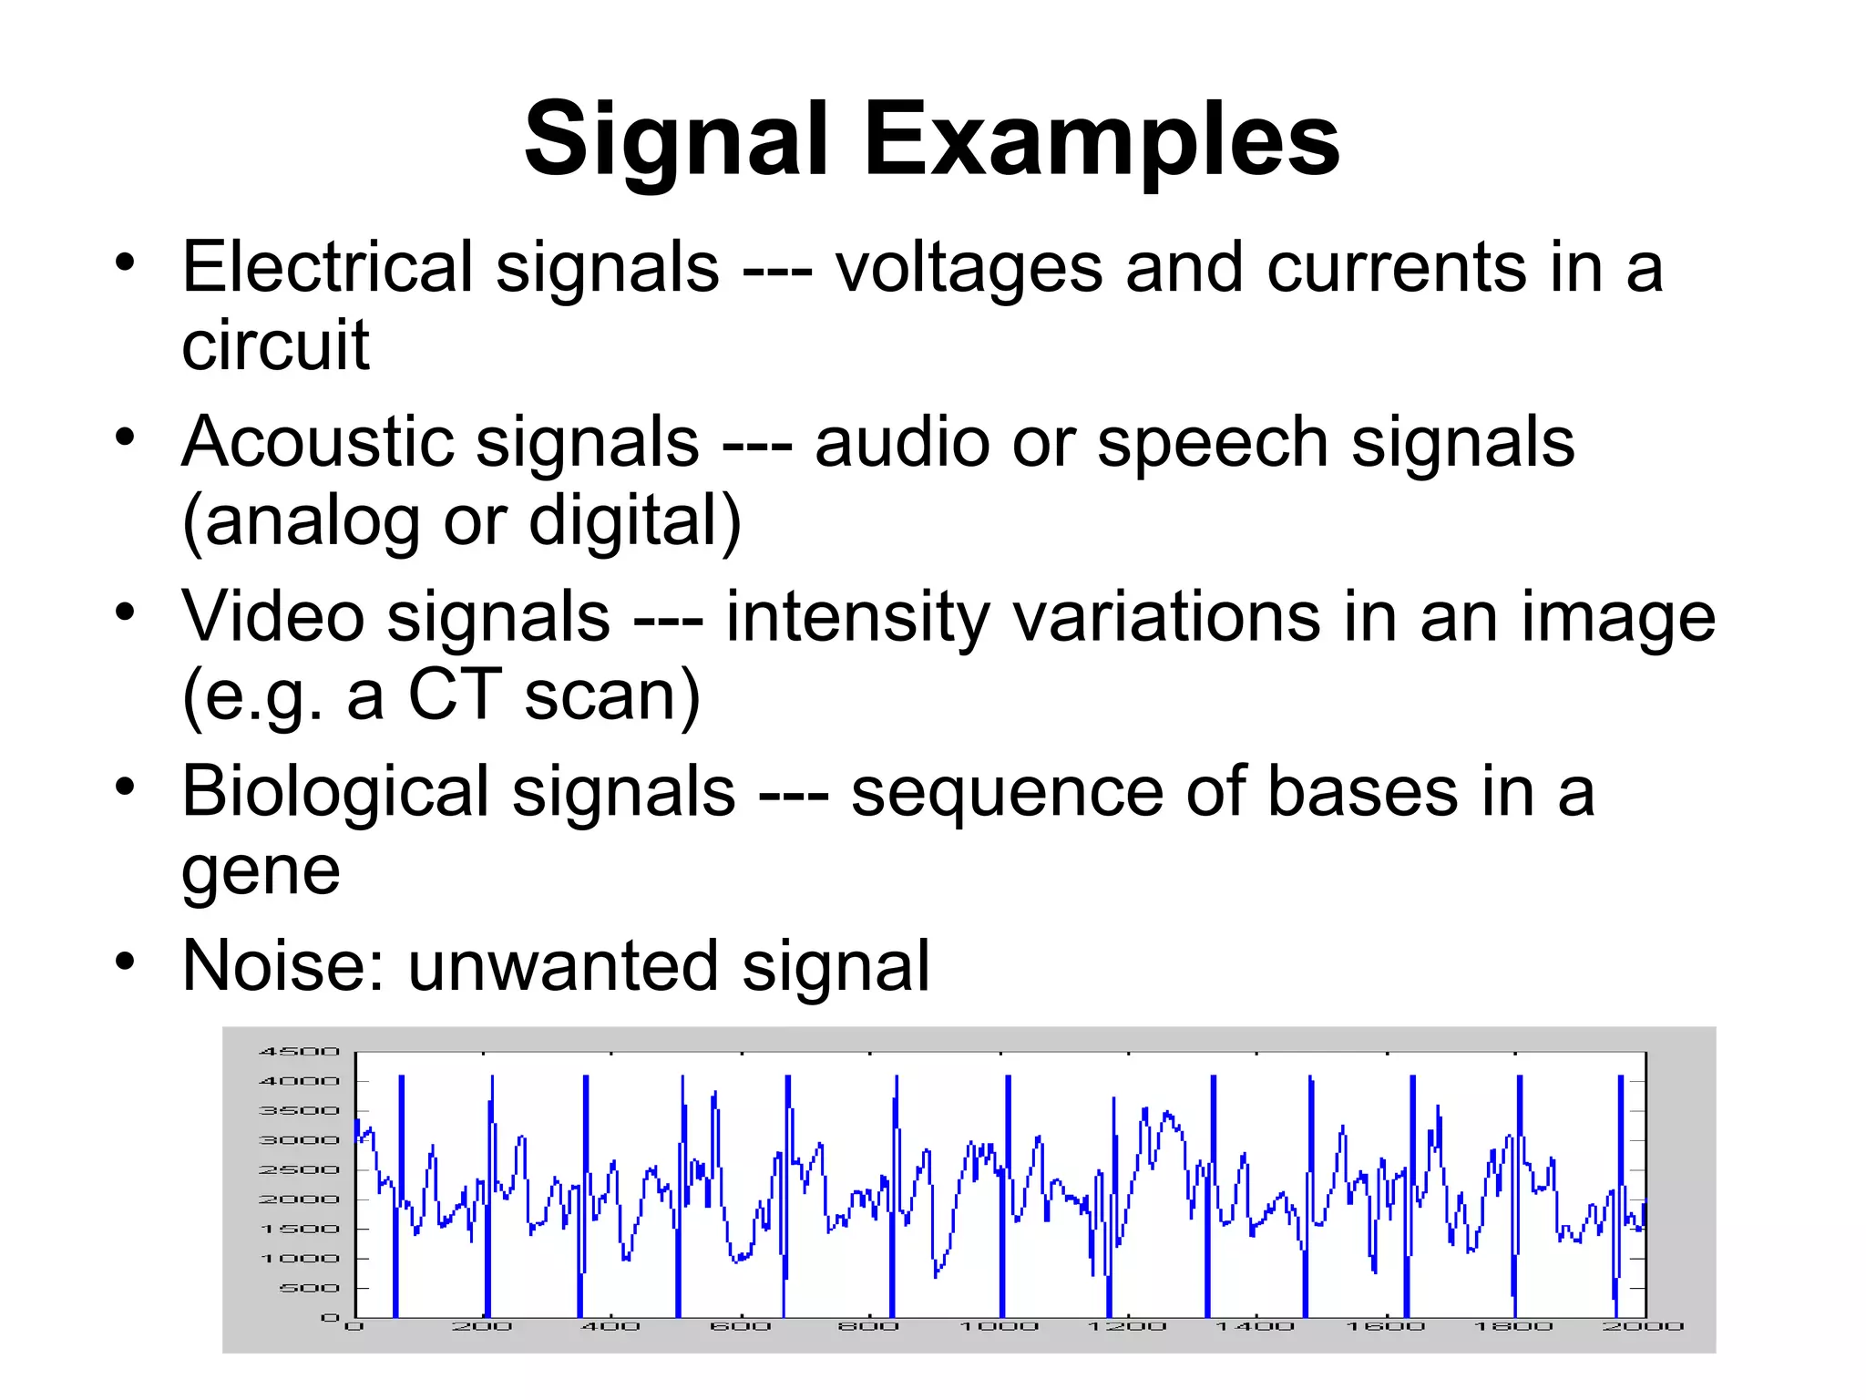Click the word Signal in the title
(x=675, y=141)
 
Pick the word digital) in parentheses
(x=635, y=520)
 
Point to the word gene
(x=261, y=872)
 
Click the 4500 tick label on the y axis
(x=299, y=1052)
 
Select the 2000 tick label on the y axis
(x=299, y=1199)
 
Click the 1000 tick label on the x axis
(x=1000, y=1327)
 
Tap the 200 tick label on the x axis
(x=482, y=1327)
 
